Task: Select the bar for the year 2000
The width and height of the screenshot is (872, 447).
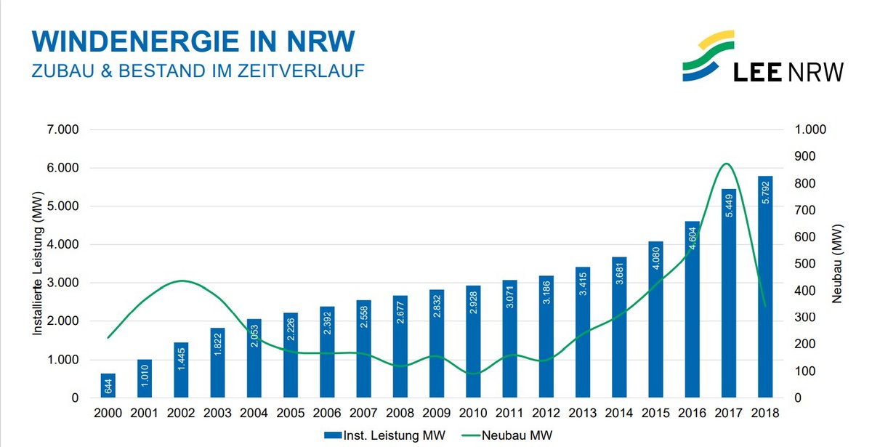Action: click(x=108, y=386)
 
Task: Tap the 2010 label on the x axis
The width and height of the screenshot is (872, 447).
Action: click(x=472, y=412)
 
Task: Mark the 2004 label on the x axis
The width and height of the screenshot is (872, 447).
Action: click(x=254, y=412)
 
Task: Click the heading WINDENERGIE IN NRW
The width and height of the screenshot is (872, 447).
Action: click(x=193, y=41)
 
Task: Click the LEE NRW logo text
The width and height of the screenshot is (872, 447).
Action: click(x=788, y=71)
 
